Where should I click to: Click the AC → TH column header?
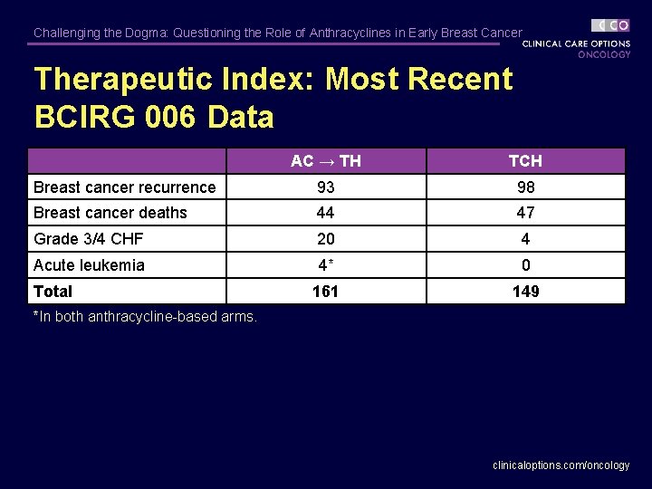pyautogui.click(x=325, y=161)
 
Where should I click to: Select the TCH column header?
pyautogui.click(x=525, y=161)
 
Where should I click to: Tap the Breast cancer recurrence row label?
pyautogui.click(x=125, y=187)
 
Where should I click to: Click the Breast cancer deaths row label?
pyautogui.click(x=110, y=213)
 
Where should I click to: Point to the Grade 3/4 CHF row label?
pyautogui.click(x=89, y=239)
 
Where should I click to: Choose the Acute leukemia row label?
pyautogui.click(x=89, y=265)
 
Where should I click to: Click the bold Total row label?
pyautogui.click(x=53, y=292)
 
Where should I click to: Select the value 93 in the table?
pyautogui.click(x=325, y=187)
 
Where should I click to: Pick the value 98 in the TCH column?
pyautogui.click(x=525, y=187)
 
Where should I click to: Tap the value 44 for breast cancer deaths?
pyautogui.click(x=325, y=213)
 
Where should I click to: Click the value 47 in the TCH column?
pyautogui.click(x=525, y=213)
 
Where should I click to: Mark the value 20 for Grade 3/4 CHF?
pyautogui.click(x=325, y=239)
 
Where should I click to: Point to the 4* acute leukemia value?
pyautogui.click(x=325, y=265)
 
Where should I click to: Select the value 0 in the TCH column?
pyautogui.click(x=525, y=265)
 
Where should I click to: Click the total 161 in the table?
pyautogui.click(x=325, y=292)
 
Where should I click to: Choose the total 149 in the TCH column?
pyautogui.click(x=525, y=292)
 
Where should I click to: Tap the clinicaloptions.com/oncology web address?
pyautogui.click(x=561, y=465)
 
